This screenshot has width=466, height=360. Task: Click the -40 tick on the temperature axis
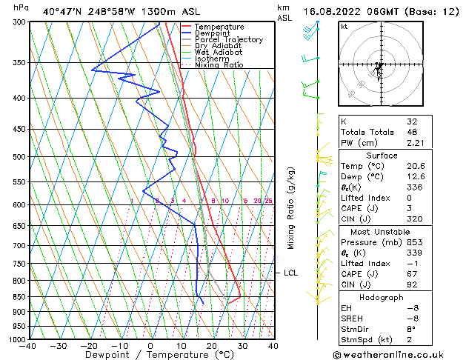point(28,346)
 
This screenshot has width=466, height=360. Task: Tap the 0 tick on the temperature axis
point(150,346)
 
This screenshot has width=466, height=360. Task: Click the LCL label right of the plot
point(291,273)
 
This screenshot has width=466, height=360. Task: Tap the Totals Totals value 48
point(413,133)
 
